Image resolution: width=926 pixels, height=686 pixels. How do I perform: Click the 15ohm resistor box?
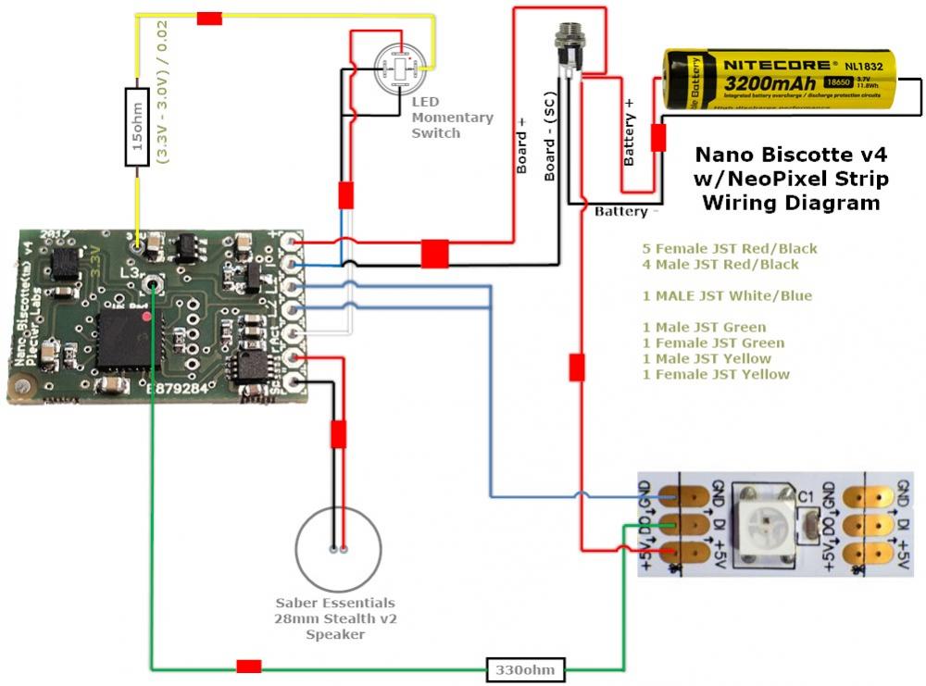coord(137,127)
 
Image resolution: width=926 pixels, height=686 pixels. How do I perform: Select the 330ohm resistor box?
coord(526,667)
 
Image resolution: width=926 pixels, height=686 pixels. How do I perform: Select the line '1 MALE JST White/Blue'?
coord(726,296)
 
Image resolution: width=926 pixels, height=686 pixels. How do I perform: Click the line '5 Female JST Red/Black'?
coord(730,249)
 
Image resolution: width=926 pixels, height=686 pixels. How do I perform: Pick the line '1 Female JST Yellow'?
coord(716,375)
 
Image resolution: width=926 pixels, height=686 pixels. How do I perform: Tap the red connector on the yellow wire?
coord(209,18)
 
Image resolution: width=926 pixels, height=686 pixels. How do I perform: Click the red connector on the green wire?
coord(248,667)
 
